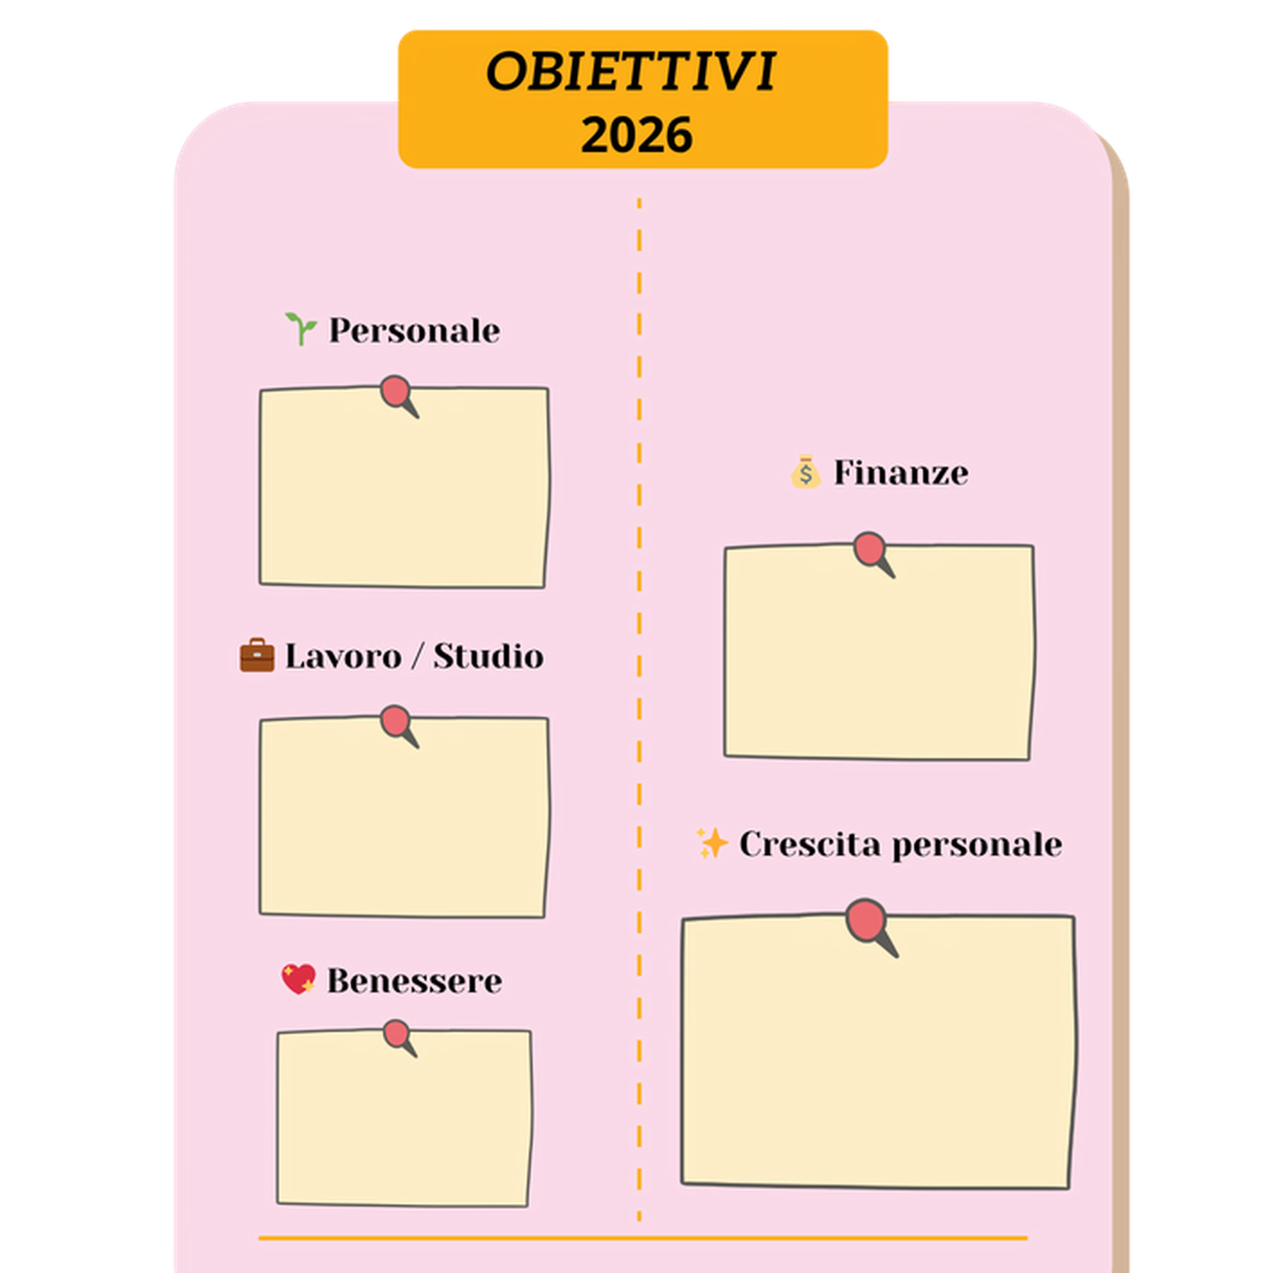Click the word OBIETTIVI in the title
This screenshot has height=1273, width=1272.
[x=631, y=71]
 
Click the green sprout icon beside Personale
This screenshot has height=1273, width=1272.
[x=300, y=328]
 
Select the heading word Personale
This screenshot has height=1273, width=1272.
[x=415, y=330]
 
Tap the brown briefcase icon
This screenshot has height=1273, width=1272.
[x=257, y=655]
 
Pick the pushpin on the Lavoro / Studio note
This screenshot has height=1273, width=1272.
[x=399, y=726]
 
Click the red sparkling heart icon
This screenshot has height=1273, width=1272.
[x=299, y=979]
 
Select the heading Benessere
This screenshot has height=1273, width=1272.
[x=415, y=981]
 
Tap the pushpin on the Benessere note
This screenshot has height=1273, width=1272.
[x=399, y=1038]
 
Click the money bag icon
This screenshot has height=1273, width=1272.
[x=805, y=471]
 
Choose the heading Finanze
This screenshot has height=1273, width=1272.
[x=900, y=472]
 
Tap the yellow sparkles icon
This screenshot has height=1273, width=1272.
[x=712, y=844]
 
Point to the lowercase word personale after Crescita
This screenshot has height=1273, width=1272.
[x=977, y=846]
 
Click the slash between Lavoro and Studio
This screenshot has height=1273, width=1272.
[x=417, y=656]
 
